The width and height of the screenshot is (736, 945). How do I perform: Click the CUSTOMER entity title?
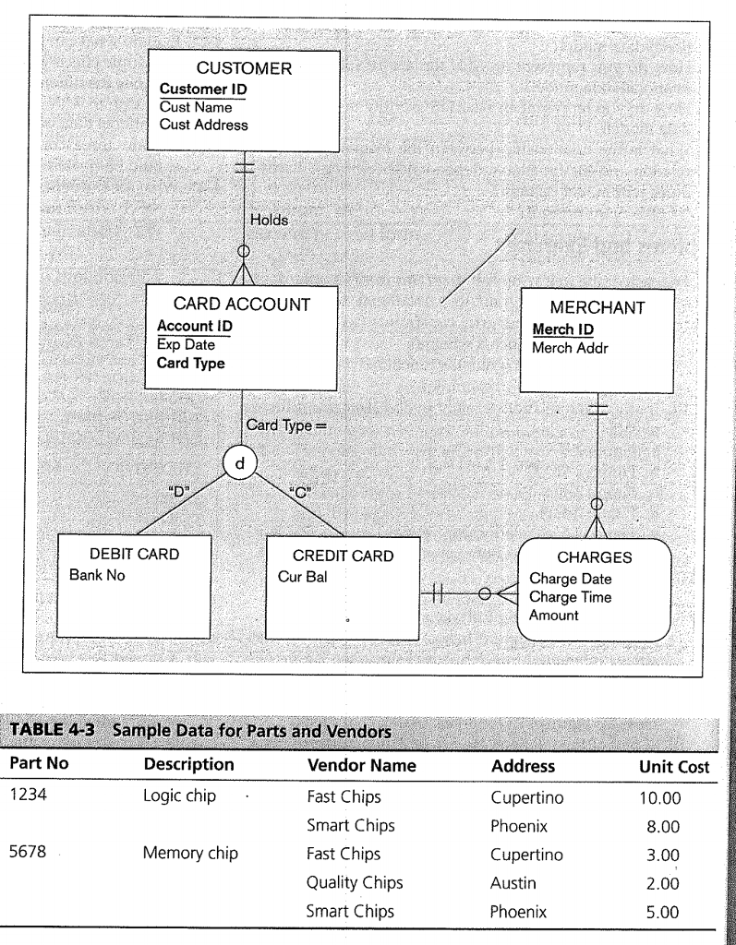click(244, 67)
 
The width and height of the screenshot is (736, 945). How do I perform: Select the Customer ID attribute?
click(202, 90)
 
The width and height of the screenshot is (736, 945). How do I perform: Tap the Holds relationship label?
click(270, 221)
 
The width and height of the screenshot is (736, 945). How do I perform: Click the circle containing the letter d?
click(241, 459)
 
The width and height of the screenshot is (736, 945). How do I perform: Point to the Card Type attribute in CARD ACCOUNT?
click(191, 363)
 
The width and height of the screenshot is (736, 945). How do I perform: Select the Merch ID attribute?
click(562, 330)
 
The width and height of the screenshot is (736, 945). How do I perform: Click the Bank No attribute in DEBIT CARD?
click(98, 576)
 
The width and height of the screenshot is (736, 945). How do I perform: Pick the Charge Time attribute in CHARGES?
click(570, 597)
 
